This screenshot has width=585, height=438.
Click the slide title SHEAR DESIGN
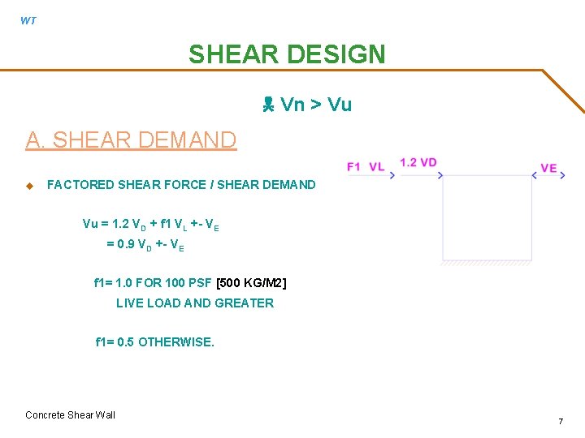coord(287,54)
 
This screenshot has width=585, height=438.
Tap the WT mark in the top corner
coord(28,21)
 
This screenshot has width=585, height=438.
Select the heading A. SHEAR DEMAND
coord(131,140)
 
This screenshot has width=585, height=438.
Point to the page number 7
coord(561,421)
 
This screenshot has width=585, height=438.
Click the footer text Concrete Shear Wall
coord(71,415)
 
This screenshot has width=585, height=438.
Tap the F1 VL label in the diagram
coord(366,166)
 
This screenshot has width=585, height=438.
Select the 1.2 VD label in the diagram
coord(418,162)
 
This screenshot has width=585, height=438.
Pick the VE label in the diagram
coord(549,168)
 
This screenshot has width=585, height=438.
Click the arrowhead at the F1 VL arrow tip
coord(393,175)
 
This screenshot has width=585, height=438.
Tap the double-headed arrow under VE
coord(549,175)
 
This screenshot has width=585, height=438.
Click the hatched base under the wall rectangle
coord(486,263)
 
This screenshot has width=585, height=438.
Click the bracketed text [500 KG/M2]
coord(251,283)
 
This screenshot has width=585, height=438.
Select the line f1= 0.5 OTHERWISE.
coord(155,342)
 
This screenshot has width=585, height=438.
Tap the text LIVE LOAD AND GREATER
coord(195,303)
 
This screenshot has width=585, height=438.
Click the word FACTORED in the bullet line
coord(80,185)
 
